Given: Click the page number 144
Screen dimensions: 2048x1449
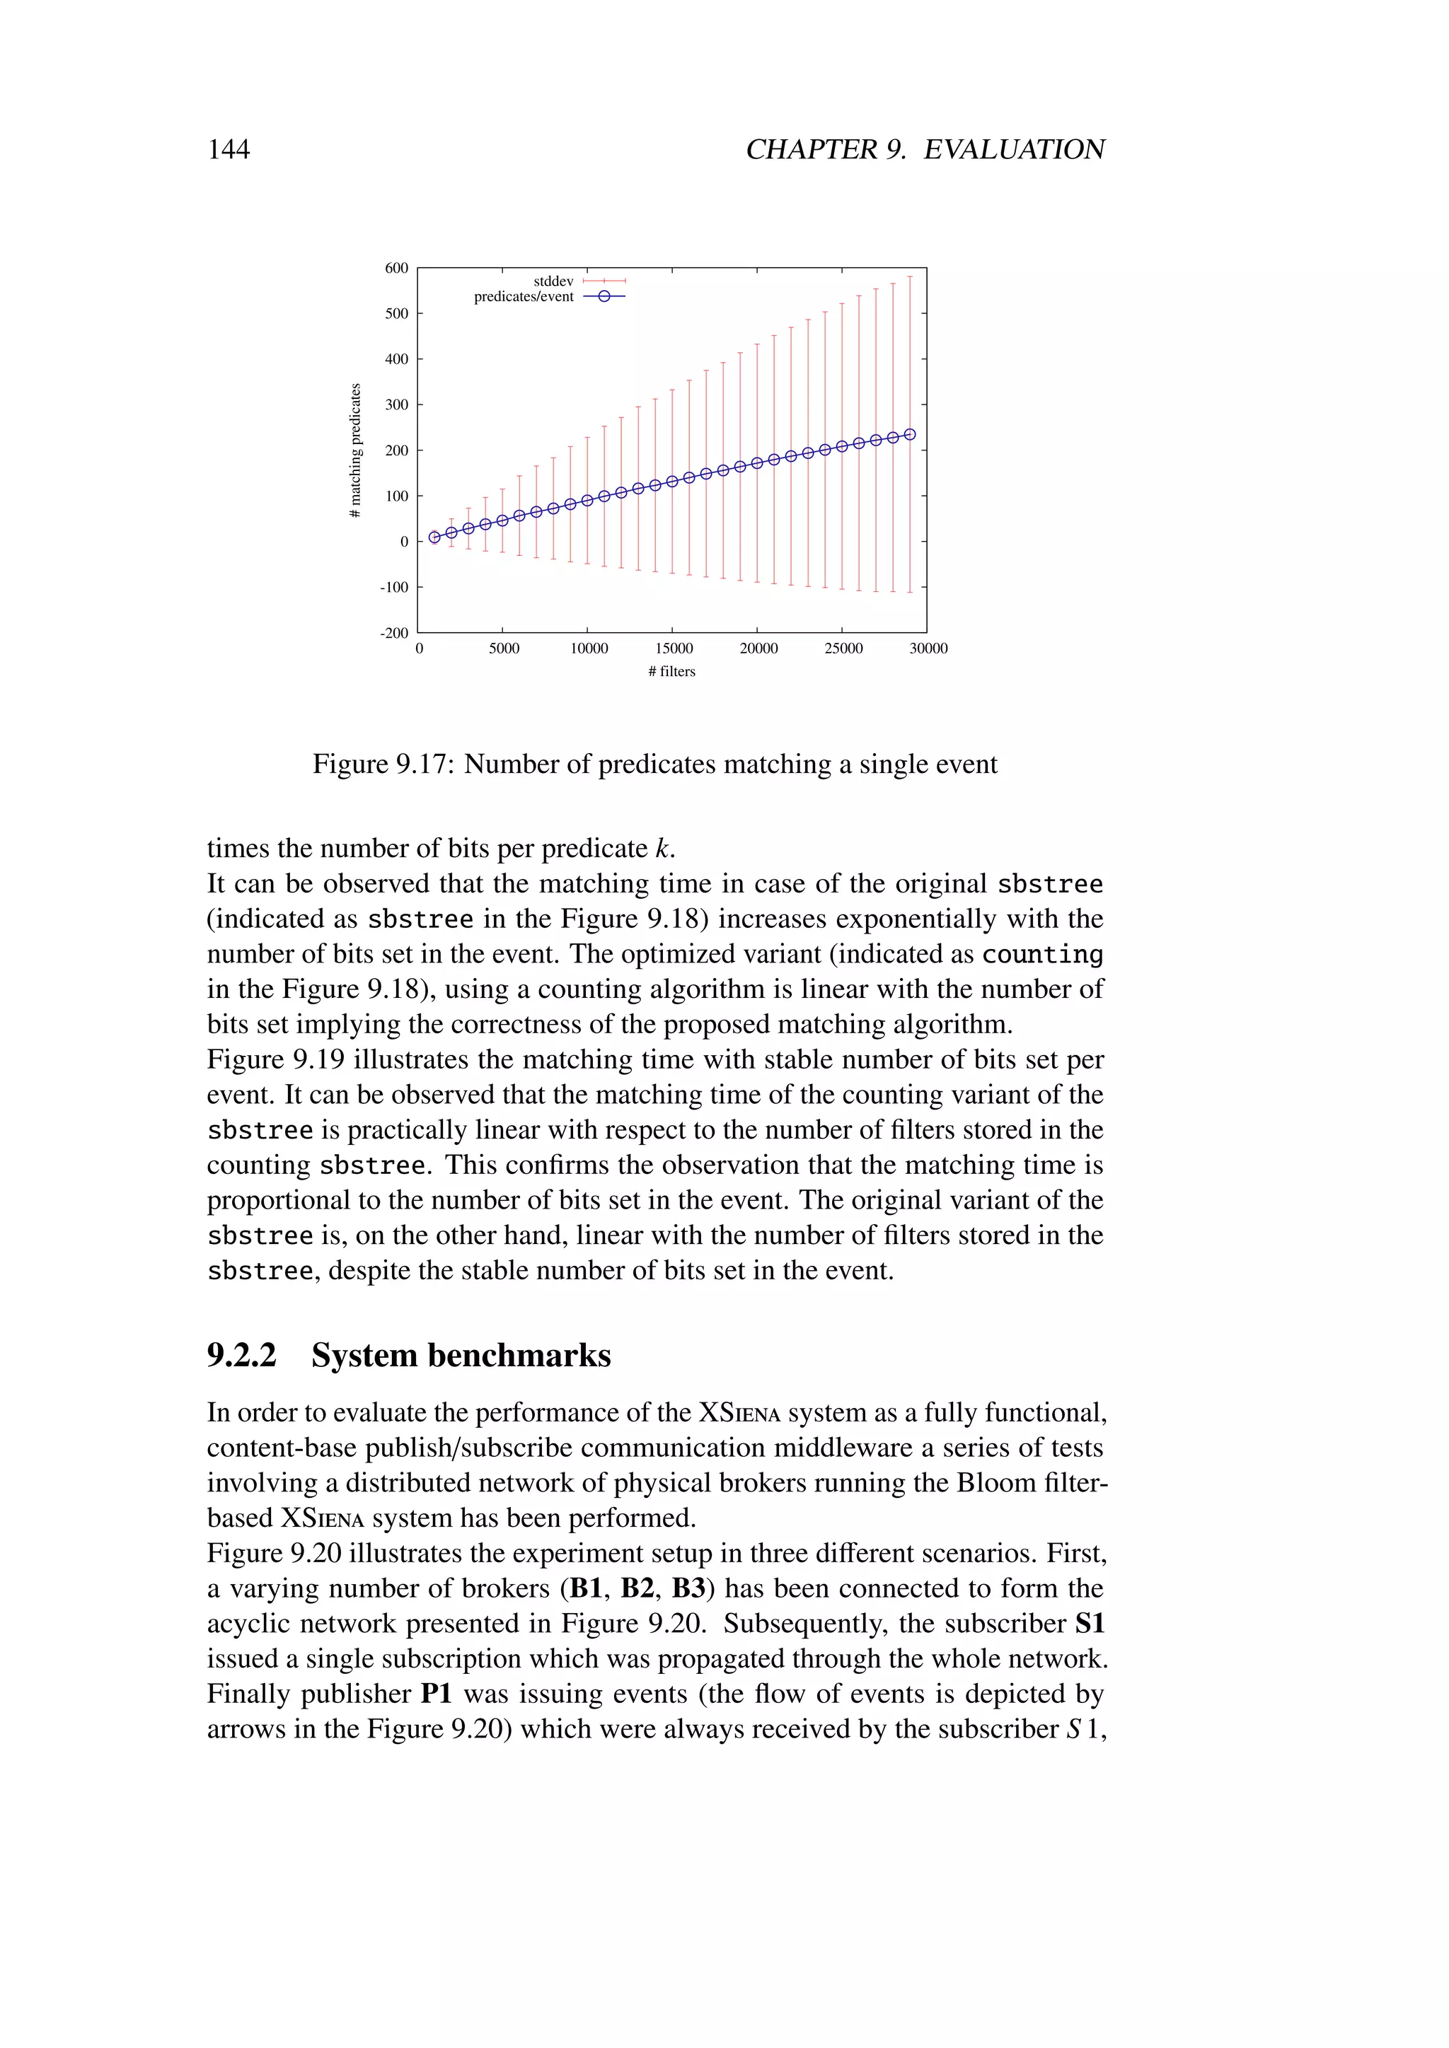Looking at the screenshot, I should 229,149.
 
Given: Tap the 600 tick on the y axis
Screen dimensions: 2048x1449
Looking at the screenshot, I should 396,267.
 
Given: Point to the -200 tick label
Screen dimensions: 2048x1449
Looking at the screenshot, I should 393,634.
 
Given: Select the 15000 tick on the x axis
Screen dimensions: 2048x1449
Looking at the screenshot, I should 674,648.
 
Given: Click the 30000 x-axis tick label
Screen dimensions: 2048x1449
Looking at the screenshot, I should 928,648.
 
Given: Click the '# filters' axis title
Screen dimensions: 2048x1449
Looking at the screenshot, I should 672,672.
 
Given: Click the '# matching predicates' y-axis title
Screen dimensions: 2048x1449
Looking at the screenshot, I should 356,450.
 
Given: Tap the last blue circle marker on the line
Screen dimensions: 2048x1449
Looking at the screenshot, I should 910,434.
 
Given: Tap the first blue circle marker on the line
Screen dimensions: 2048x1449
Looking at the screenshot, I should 434,537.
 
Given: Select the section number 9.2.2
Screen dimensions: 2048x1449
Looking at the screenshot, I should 242,1355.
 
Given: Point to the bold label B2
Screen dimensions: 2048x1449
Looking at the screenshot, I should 637,1588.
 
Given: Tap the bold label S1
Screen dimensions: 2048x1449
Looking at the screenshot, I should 1090,1624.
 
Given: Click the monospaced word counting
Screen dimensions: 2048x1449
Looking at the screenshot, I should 1042,955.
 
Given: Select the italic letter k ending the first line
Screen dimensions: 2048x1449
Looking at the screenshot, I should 661,849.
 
